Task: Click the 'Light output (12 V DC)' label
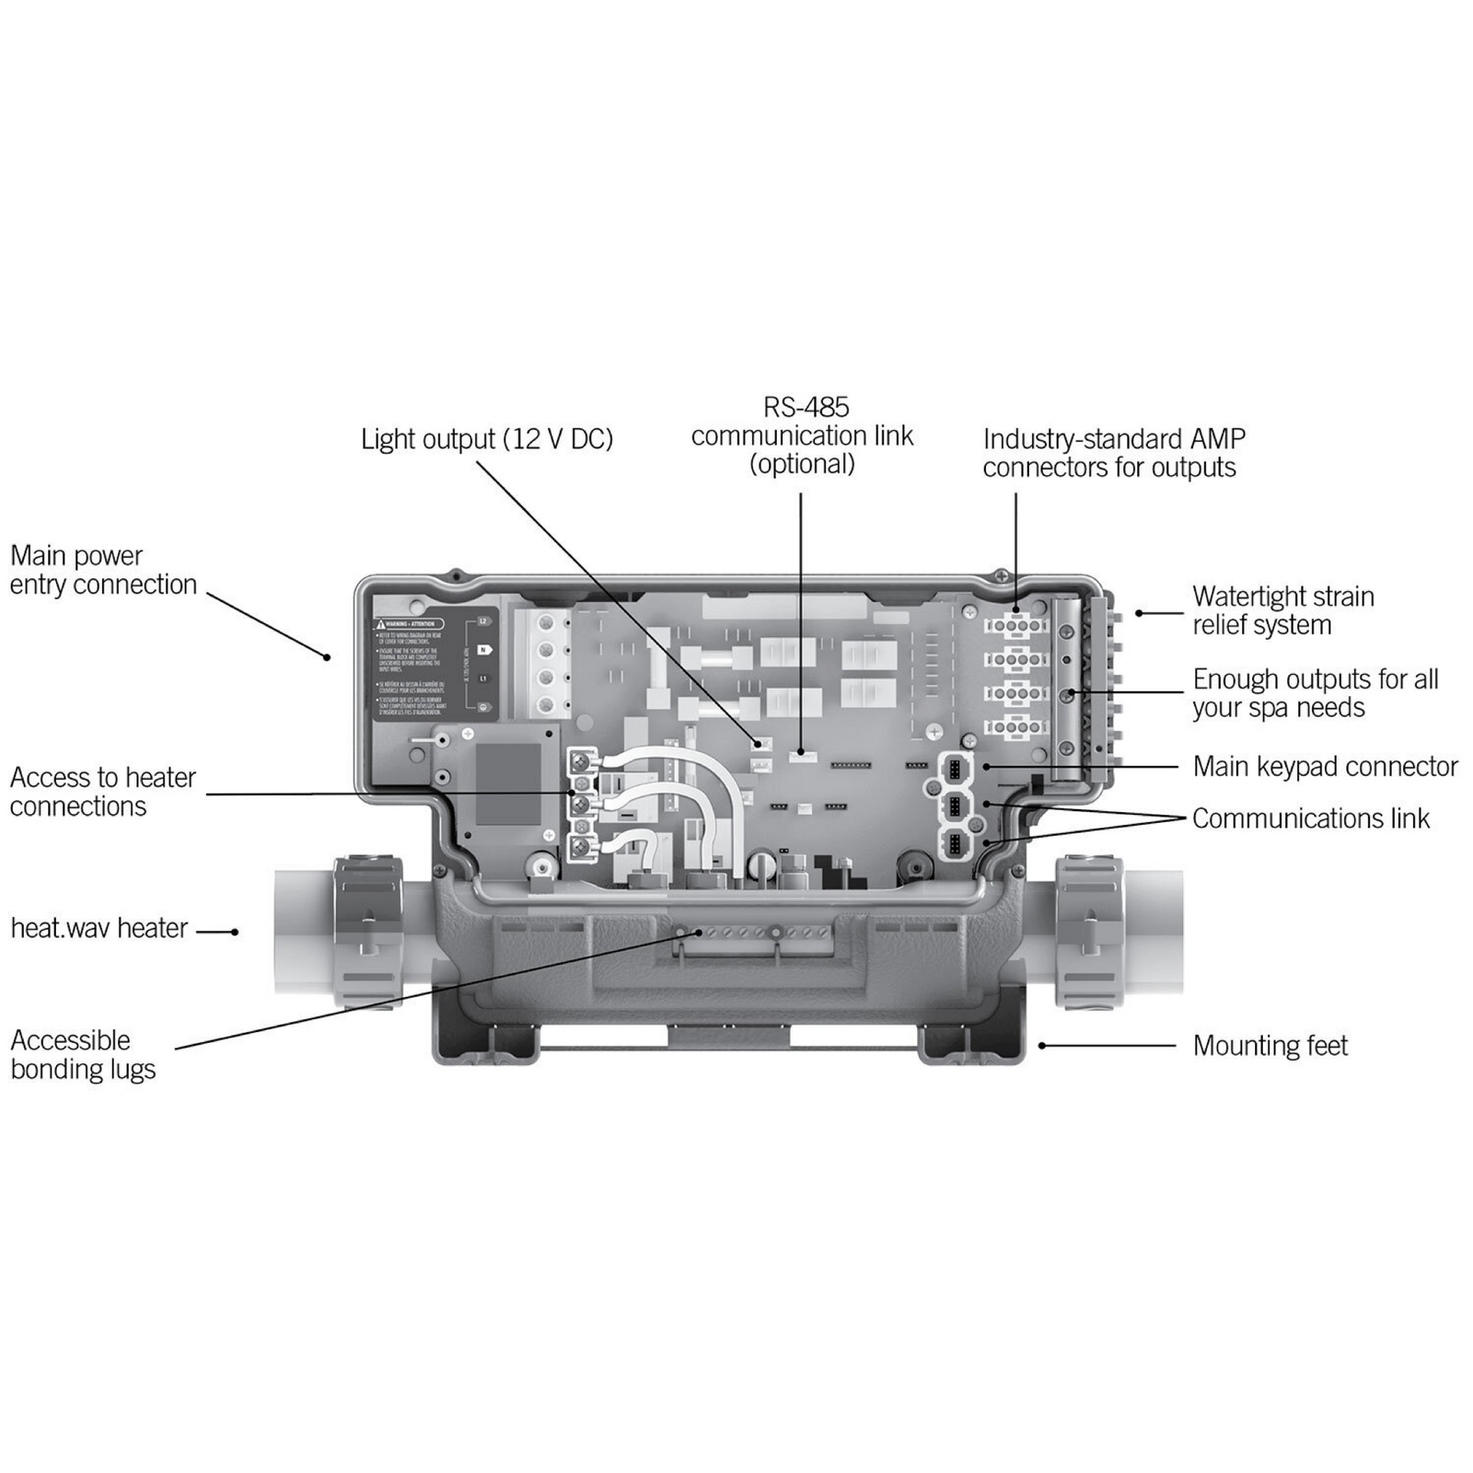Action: [486, 439]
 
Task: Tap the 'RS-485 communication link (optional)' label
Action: [802, 435]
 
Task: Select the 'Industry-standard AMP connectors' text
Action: [1112, 453]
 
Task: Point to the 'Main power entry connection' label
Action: [103, 570]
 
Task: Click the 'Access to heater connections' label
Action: [102, 792]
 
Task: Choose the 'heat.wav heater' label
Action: [99, 928]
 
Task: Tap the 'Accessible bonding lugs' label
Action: [83, 1054]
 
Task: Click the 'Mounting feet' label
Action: [1270, 1046]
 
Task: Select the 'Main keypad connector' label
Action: [1325, 766]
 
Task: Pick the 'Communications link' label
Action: [1310, 818]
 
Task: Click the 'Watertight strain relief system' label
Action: [1282, 610]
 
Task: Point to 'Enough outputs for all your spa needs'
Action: [1315, 693]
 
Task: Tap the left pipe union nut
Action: [367, 931]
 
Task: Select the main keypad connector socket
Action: [955, 767]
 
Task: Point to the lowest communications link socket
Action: [955, 842]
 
